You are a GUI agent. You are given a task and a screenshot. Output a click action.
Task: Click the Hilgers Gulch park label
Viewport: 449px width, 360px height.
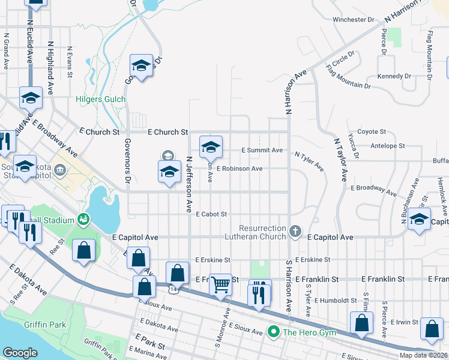(101, 99)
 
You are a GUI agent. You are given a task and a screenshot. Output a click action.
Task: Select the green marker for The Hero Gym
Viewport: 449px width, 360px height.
(274, 331)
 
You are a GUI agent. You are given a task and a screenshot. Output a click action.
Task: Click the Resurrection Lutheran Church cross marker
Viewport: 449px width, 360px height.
(295, 231)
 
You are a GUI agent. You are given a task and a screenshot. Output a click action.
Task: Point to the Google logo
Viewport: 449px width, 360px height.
(20, 353)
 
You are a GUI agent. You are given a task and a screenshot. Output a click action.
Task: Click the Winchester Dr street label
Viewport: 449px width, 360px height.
(354, 20)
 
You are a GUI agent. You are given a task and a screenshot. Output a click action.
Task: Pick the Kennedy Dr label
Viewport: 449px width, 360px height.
(394, 76)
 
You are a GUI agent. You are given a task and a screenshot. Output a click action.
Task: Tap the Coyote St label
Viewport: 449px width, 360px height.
(372, 131)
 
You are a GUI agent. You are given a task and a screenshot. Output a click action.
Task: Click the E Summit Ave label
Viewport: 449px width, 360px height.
(262, 150)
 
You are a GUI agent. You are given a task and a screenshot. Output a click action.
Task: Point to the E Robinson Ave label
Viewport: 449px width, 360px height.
(240, 169)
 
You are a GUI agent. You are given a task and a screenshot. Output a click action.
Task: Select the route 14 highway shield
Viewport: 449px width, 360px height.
(173, 289)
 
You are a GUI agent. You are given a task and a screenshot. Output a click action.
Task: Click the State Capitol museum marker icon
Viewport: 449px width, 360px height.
(60, 170)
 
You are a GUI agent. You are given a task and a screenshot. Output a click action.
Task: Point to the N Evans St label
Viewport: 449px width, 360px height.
(70, 62)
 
